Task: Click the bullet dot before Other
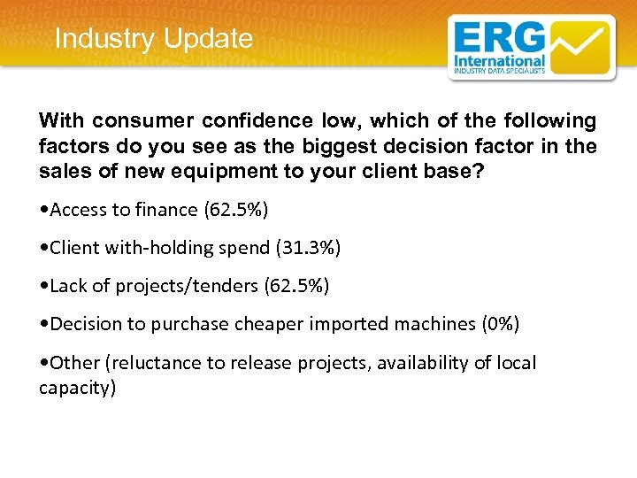pyautogui.click(x=44, y=363)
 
